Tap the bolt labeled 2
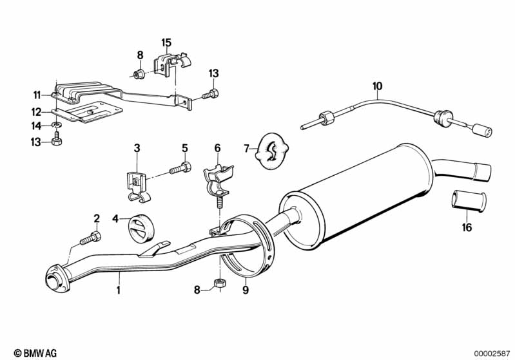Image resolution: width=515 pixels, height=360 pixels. pyautogui.click(x=90, y=240)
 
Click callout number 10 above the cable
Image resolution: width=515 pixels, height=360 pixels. pyautogui.click(x=377, y=85)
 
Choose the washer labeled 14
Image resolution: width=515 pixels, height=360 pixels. pyautogui.click(x=57, y=124)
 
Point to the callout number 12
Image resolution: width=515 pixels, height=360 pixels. pyautogui.click(x=37, y=111)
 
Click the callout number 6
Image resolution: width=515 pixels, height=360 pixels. pyautogui.click(x=217, y=147)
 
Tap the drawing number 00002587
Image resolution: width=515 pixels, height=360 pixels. pyautogui.click(x=492, y=353)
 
